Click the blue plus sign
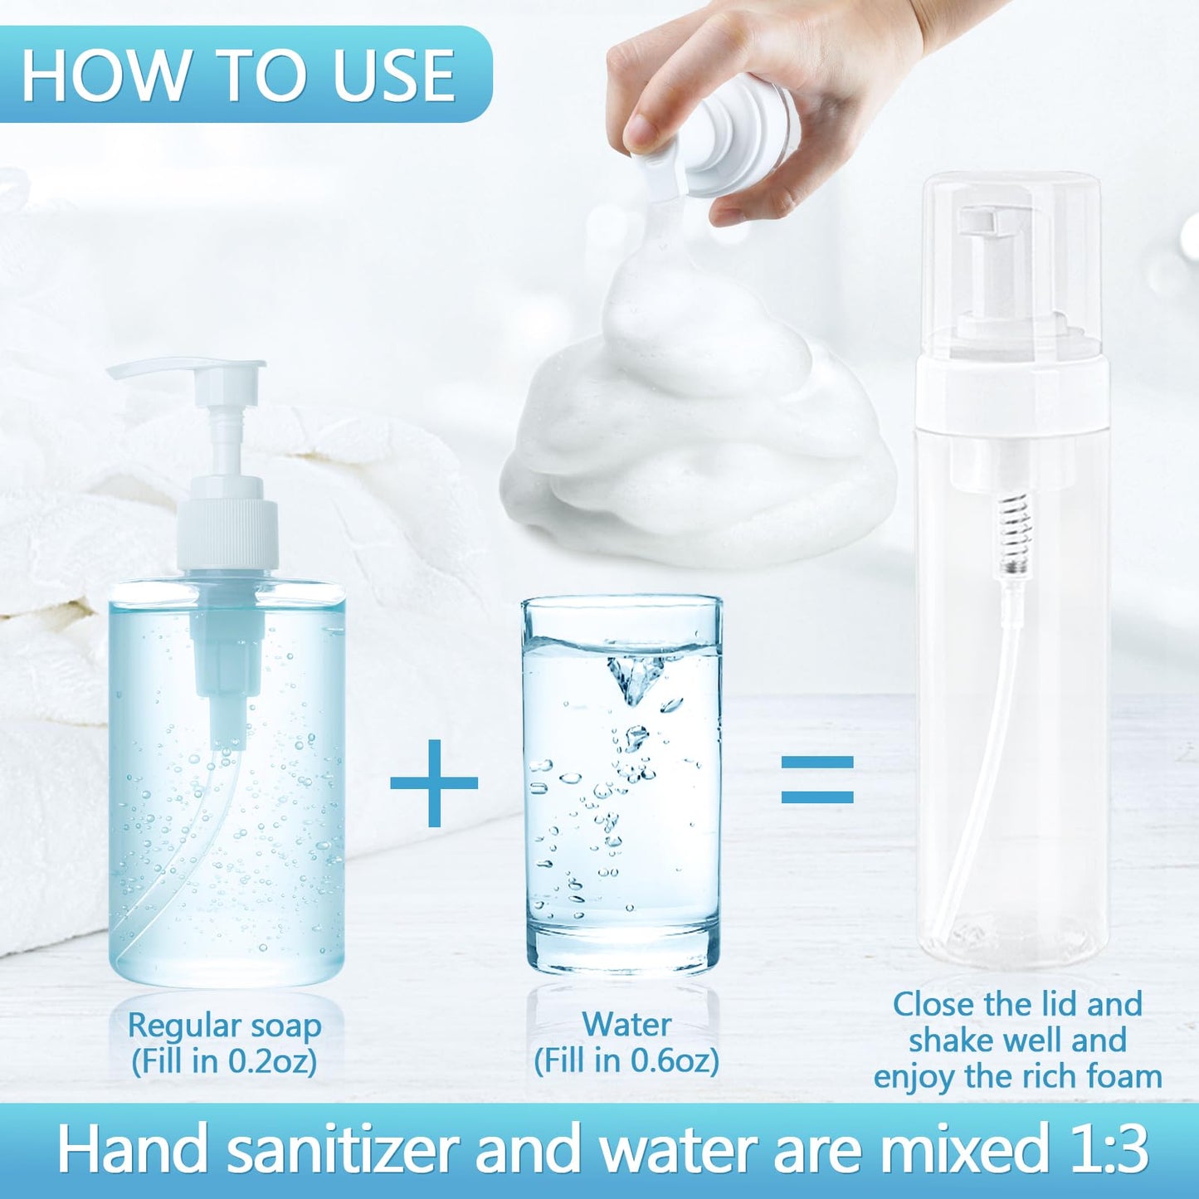434,783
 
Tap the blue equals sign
817,780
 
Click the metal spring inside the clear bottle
1018,531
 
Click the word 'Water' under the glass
626,1025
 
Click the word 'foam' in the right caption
1123,1077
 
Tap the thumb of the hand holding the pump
656,124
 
